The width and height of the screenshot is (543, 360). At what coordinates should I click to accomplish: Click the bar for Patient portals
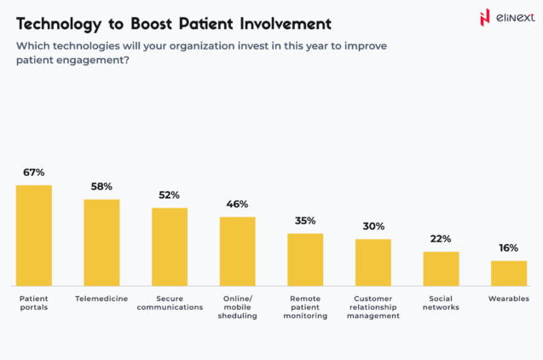pyautogui.click(x=33, y=235)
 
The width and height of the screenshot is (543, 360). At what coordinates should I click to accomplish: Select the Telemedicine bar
pyautogui.click(x=101, y=242)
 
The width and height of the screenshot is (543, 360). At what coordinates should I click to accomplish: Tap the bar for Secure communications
pyautogui.click(x=170, y=247)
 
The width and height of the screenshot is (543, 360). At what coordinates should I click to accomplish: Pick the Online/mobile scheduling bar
pyautogui.click(x=237, y=251)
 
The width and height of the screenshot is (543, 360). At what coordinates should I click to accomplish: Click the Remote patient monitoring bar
pyautogui.click(x=305, y=259)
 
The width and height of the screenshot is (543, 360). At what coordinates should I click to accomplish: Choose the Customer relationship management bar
pyautogui.click(x=373, y=262)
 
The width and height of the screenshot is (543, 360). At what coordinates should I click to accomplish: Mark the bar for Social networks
pyautogui.click(x=441, y=269)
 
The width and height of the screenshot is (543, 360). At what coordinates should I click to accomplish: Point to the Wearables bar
pyautogui.click(x=509, y=273)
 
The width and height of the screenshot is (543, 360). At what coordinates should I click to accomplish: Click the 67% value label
pyautogui.click(x=34, y=172)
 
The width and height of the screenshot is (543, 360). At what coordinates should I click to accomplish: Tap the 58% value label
pyautogui.click(x=101, y=186)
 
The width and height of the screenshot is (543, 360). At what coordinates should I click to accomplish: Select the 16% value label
pyautogui.click(x=509, y=248)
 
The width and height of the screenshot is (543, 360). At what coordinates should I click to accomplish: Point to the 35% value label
pyautogui.click(x=305, y=220)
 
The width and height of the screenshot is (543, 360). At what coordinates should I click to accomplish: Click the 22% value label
pyautogui.click(x=441, y=239)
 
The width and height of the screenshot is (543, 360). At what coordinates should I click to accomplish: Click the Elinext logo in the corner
pyautogui.click(x=508, y=17)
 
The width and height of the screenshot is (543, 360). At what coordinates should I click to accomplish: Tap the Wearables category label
pyautogui.click(x=509, y=299)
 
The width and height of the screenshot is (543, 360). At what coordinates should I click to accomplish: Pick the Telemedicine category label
pyautogui.click(x=101, y=299)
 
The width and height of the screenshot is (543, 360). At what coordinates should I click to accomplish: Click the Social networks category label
pyautogui.click(x=441, y=303)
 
